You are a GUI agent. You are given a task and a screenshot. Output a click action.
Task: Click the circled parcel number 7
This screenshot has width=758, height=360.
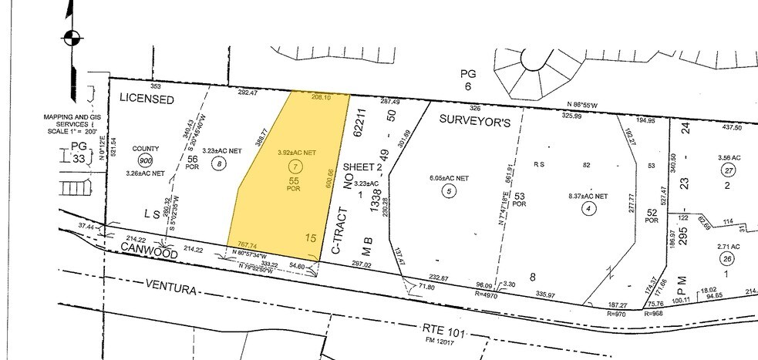294,167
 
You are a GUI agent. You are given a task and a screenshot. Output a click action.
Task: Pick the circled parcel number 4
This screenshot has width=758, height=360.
588,206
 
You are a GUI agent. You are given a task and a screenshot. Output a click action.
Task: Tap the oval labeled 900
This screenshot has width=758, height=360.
145,160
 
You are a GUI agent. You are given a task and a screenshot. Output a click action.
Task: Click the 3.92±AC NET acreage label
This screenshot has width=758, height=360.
297,153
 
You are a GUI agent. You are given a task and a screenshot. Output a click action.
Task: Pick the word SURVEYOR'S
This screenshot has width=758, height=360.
475,120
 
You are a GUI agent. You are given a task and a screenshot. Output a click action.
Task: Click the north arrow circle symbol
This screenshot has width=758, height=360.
71,35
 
